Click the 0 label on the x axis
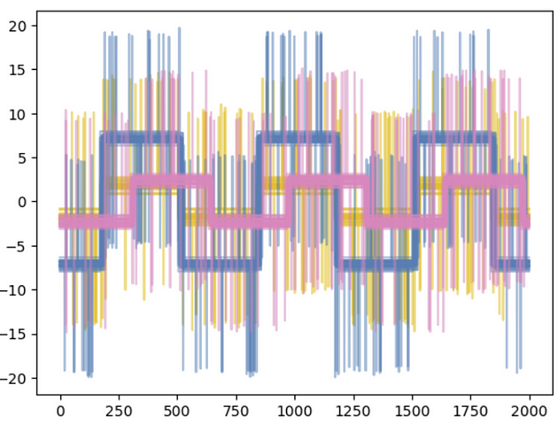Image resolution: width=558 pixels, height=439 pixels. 60,412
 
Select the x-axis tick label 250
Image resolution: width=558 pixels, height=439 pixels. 119,412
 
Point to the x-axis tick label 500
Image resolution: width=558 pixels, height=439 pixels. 177,412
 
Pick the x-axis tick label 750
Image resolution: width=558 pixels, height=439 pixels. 236,412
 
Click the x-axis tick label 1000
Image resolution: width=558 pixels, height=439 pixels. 295,412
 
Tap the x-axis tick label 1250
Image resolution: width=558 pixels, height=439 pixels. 353,412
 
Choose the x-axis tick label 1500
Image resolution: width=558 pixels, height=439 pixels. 412,412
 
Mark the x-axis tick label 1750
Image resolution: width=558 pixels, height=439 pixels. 471,412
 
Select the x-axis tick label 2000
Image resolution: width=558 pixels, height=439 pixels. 530,412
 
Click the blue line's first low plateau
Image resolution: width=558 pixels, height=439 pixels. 80,264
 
